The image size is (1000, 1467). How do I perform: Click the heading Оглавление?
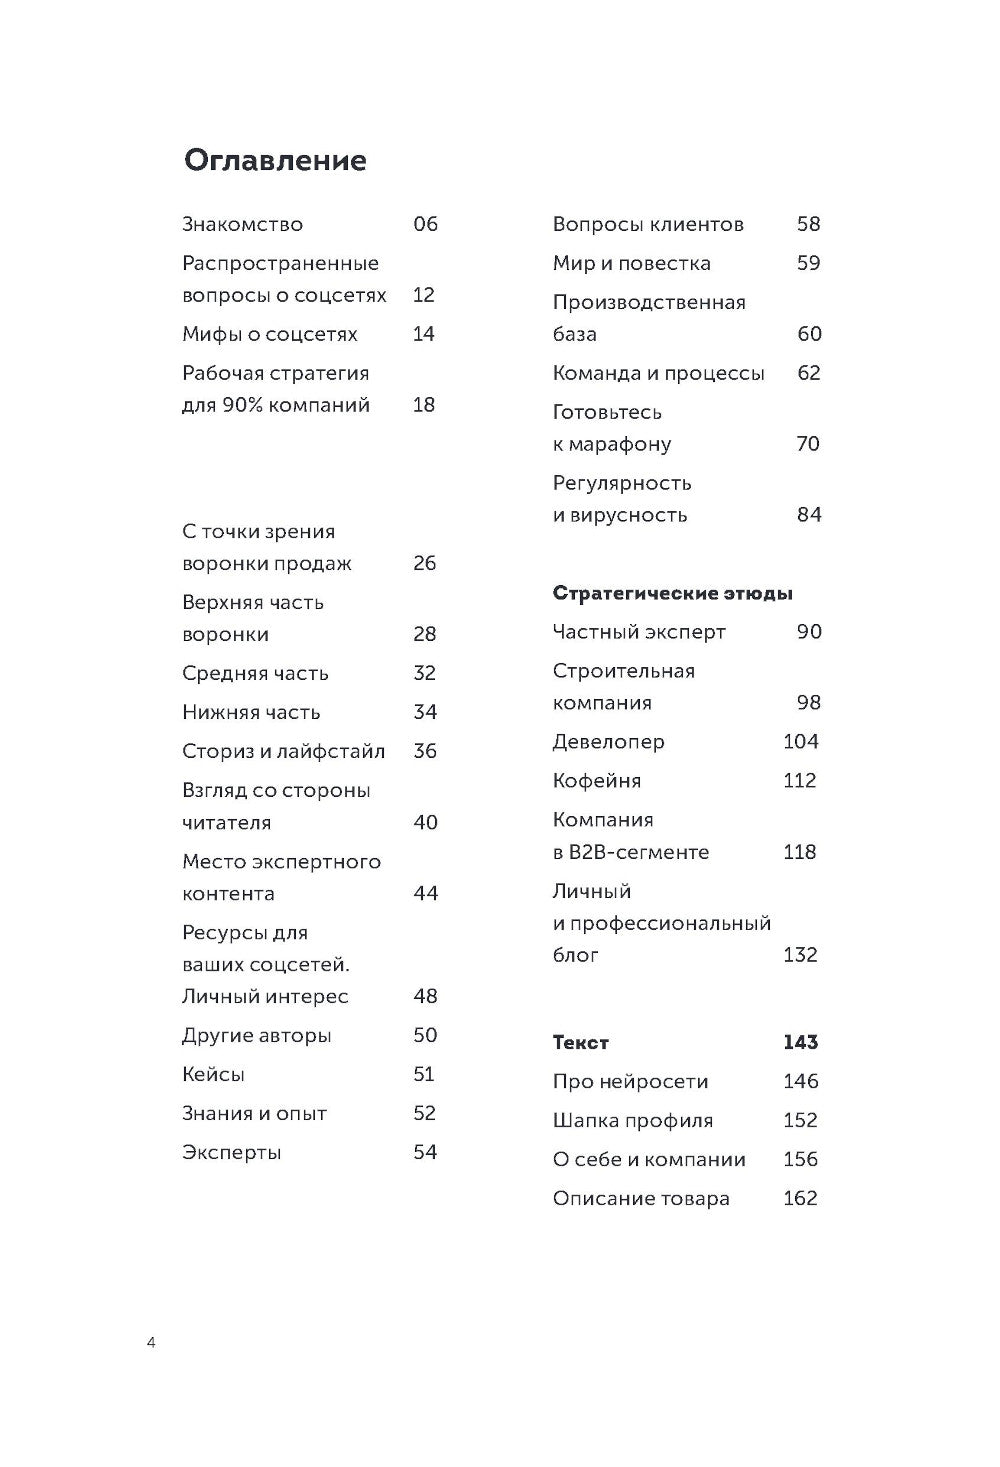[x=275, y=161]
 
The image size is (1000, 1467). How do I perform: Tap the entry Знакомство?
[x=242, y=225]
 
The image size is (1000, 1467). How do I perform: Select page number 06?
[x=425, y=224]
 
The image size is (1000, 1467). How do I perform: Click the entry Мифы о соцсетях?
[x=269, y=334]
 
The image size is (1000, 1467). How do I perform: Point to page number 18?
[x=424, y=405]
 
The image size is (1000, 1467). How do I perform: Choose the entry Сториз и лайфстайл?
[x=283, y=752]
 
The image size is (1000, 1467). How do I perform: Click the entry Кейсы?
[x=213, y=1075]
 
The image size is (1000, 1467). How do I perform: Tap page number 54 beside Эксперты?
[x=425, y=1153]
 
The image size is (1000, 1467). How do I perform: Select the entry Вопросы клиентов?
[x=648, y=225]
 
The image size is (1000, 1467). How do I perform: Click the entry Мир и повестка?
[x=631, y=264]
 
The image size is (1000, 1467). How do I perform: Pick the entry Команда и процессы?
[x=658, y=374]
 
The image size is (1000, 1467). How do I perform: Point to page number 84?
[x=809, y=515]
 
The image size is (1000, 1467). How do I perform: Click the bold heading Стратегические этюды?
[x=672, y=594]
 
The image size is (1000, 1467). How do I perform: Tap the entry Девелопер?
[x=608, y=742]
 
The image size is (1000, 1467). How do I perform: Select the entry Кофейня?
[x=596, y=781]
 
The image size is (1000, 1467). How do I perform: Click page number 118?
[x=800, y=852]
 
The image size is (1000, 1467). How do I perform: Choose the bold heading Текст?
[x=580, y=1043]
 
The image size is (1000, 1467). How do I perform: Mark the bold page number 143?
[x=800, y=1043]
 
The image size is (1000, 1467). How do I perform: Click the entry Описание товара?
[x=641, y=1199]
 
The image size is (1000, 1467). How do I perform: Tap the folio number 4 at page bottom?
[x=151, y=1343]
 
